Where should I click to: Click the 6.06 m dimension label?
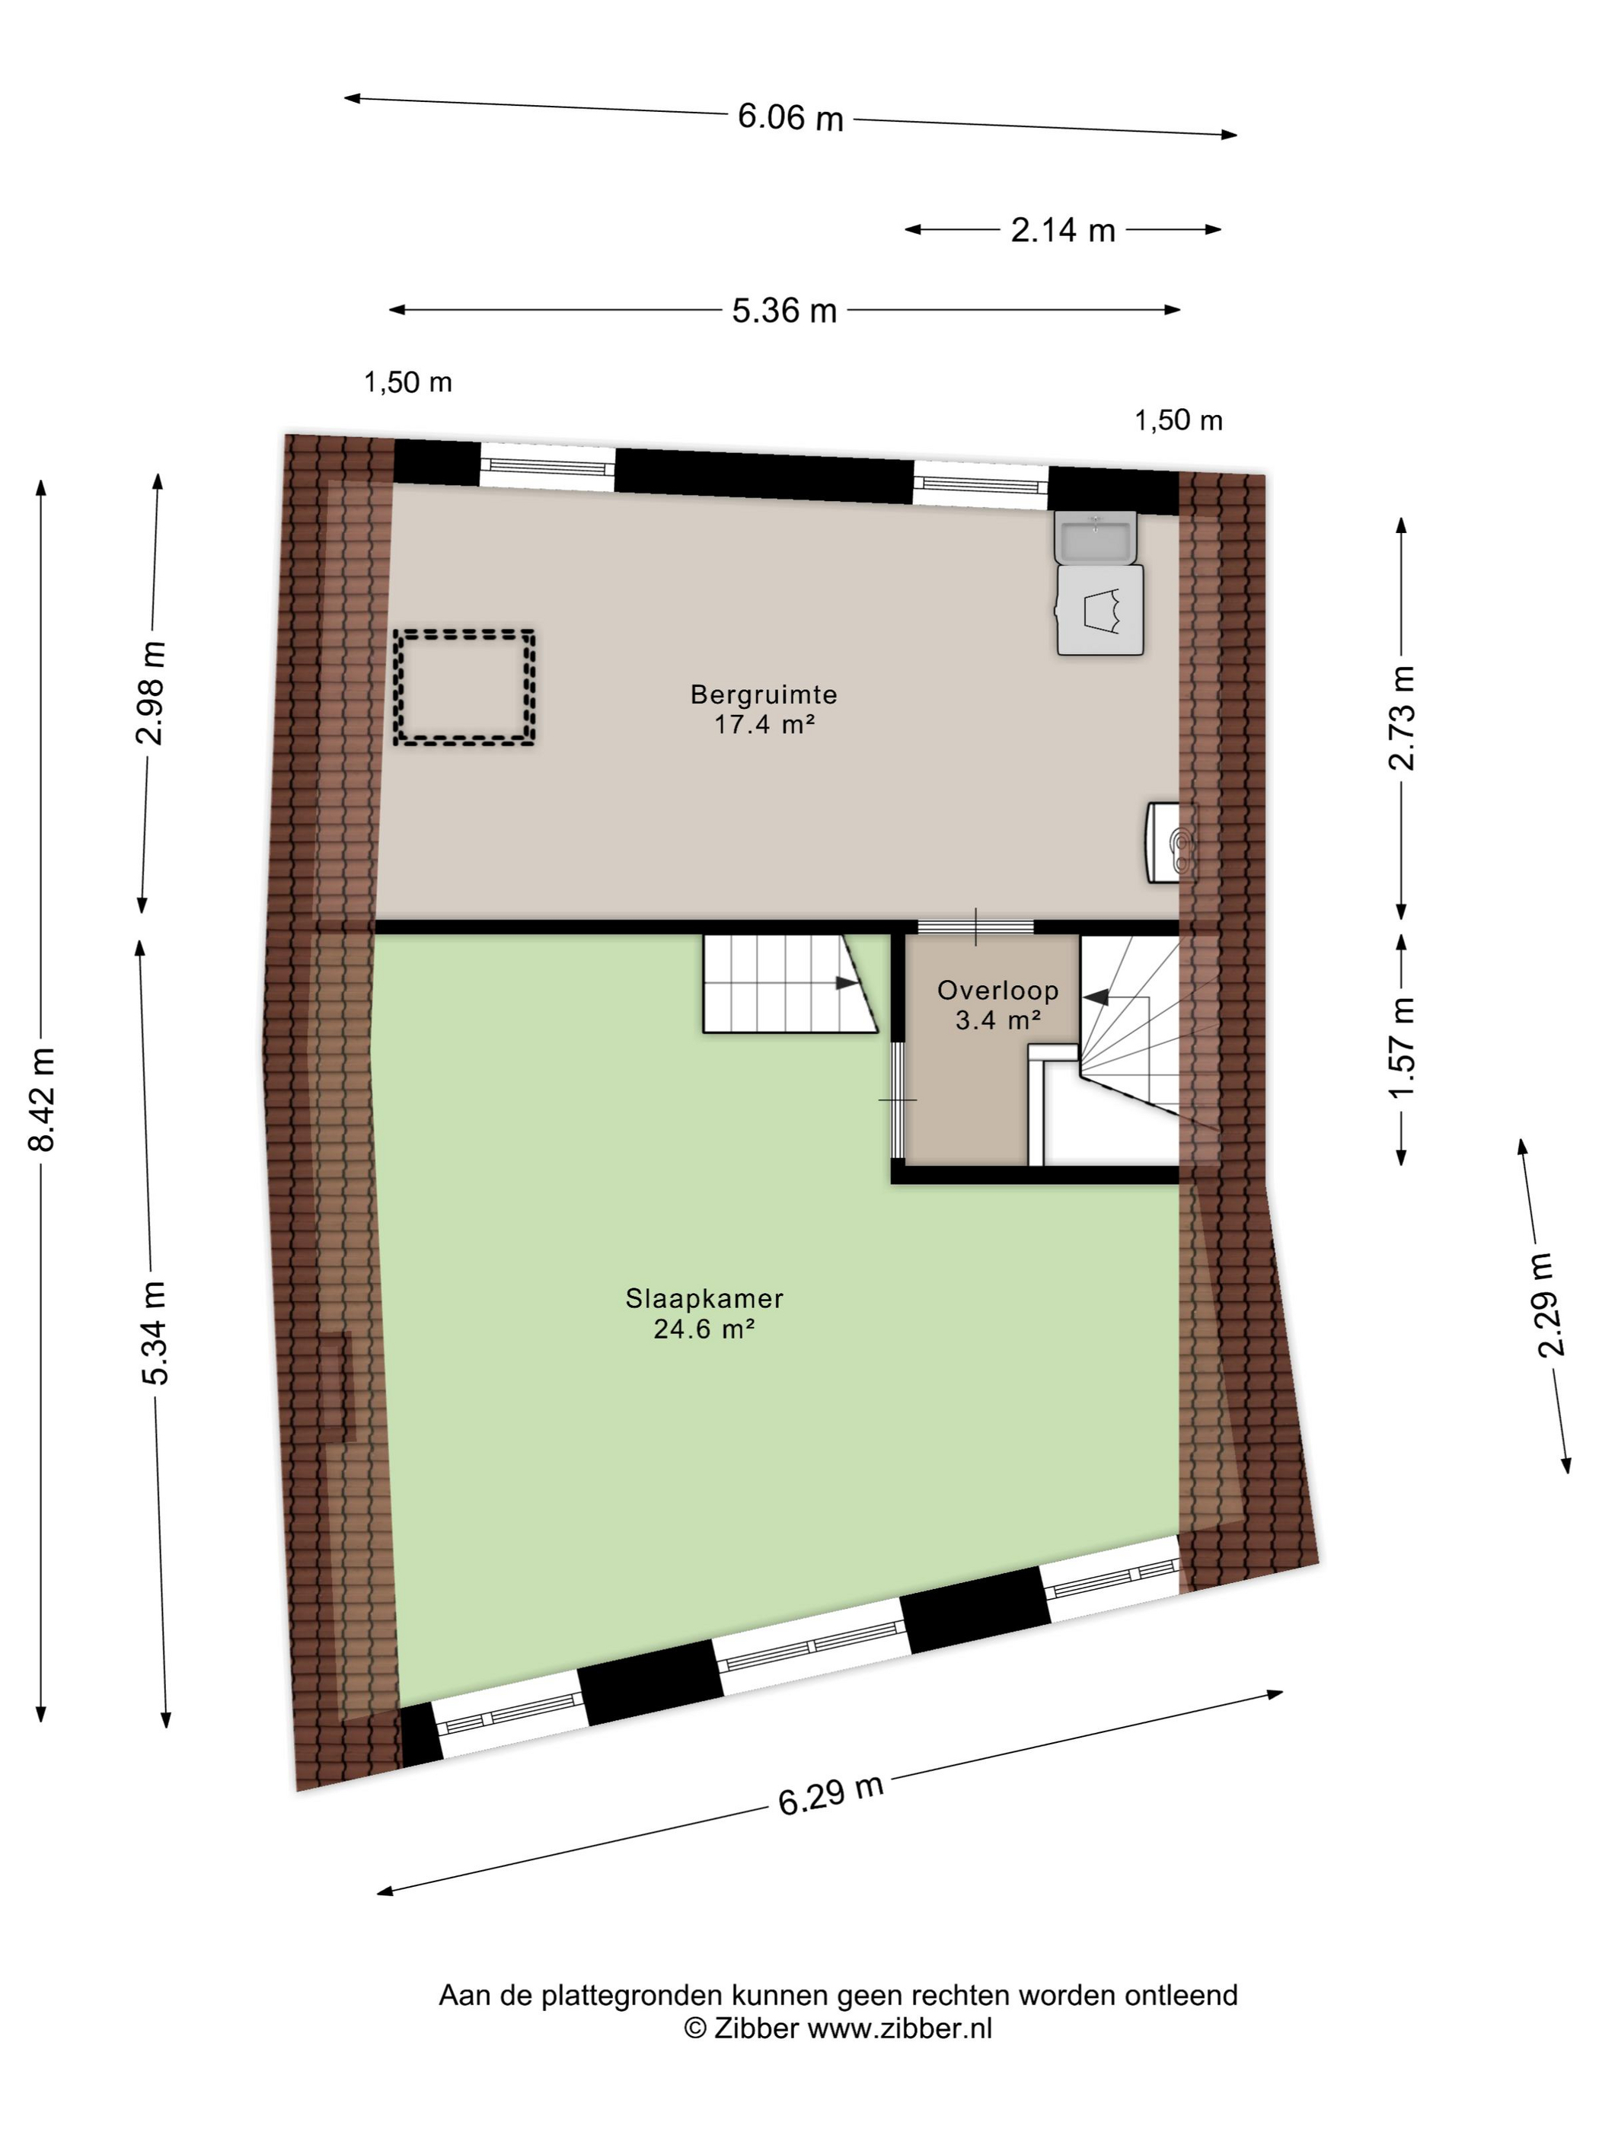[790, 117]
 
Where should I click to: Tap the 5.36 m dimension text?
[784, 311]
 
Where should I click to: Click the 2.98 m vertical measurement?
[150, 693]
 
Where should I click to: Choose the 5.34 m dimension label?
[155, 1334]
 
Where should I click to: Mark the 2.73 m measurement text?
[1403, 718]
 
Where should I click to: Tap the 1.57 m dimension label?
[1403, 1048]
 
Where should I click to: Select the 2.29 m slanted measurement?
[1544, 1305]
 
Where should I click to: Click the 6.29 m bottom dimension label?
[831, 1794]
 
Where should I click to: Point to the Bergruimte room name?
[764, 694]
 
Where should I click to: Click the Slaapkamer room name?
[704, 1298]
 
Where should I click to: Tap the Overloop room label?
[997, 990]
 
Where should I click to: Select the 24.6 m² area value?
[704, 1329]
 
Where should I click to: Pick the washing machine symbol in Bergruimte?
[1100, 610]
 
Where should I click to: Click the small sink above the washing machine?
[1096, 536]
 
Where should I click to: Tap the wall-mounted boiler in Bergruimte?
[1170, 842]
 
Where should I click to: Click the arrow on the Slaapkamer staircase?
[846, 983]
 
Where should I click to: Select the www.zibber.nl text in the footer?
[899, 2028]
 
